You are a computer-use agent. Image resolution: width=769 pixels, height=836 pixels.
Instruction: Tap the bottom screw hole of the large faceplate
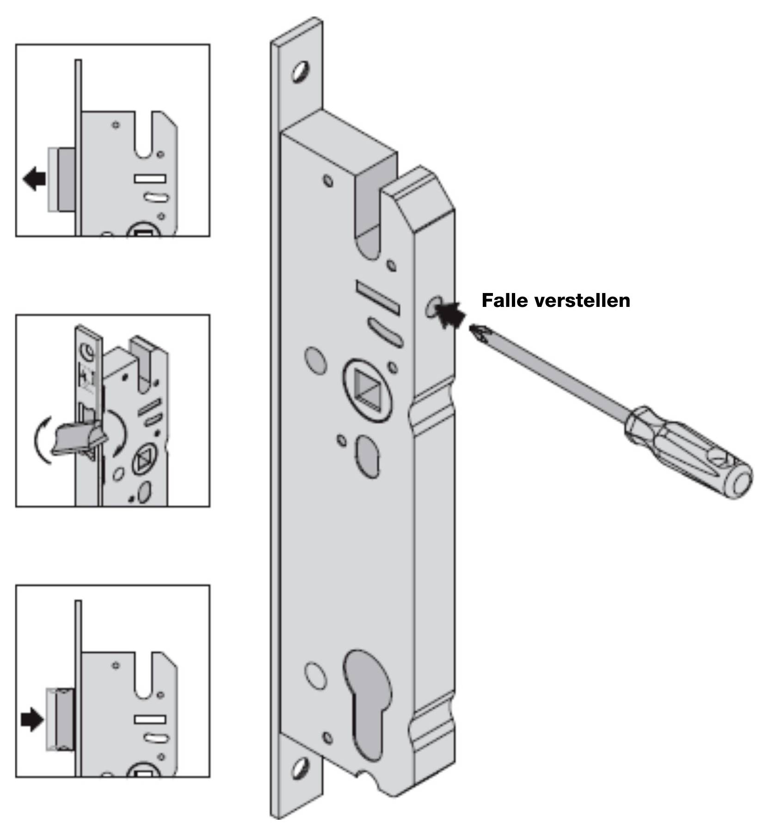pyautogui.click(x=301, y=768)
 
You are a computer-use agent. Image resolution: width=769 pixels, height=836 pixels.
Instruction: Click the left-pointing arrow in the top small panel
pyautogui.click(x=34, y=179)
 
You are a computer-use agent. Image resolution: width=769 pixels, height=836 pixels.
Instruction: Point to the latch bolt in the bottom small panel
pyautogui.click(x=65, y=720)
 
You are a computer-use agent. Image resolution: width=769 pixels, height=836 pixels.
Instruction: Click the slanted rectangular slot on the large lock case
pyautogui.click(x=377, y=297)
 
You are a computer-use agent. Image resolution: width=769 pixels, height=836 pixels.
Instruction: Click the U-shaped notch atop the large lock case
pyautogui.click(x=369, y=218)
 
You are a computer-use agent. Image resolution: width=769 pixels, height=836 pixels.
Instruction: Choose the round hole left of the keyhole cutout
pyautogui.click(x=315, y=676)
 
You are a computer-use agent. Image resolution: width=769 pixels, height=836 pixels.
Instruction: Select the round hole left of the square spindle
pyautogui.click(x=315, y=360)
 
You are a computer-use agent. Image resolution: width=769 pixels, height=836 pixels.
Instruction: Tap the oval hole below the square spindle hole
pyautogui.click(x=368, y=456)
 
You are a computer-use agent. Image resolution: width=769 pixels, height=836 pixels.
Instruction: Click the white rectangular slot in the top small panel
pyautogui.click(x=150, y=179)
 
